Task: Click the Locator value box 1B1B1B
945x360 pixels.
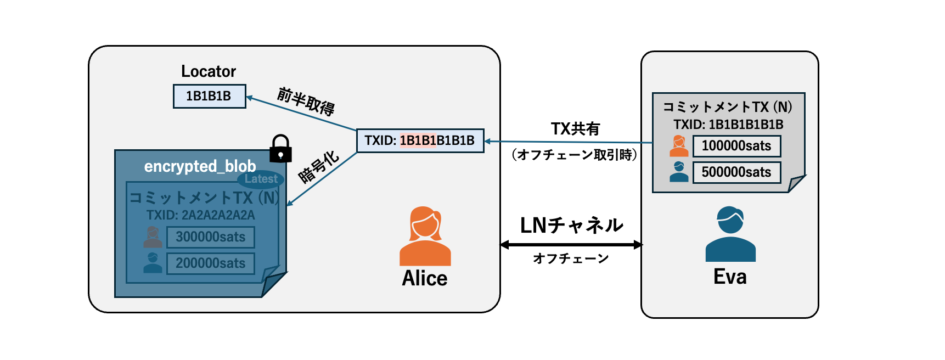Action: [x=209, y=96]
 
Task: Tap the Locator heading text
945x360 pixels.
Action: [x=209, y=71]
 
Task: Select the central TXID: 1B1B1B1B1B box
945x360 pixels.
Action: [x=420, y=140]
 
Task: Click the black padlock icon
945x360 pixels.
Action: [x=280, y=149]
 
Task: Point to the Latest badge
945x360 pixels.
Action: [x=261, y=179]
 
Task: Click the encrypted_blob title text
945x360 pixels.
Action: [x=200, y=166]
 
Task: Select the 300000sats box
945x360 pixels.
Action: [x=211, y=237]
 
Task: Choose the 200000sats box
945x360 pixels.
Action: [x=211, y=263]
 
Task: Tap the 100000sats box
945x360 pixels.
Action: [x=736, y=146]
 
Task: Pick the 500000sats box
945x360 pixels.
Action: [x=736, y=172]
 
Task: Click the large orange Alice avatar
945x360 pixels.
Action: [x=425, y=236]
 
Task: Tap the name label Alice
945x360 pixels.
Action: [x=425, y=278]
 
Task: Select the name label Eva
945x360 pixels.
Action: [x=730, y=277]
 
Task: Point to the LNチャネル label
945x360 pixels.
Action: [x=571, y=225]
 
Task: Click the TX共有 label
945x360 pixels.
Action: [x=575, y=128]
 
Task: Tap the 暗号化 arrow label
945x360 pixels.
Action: [x=318, y=167]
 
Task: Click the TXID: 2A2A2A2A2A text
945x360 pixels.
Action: [x=201, y=215]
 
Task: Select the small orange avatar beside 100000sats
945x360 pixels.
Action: [x=679, y=146]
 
